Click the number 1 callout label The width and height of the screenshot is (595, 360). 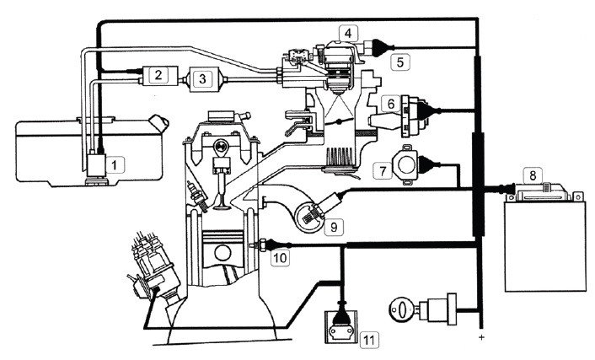click(x=115, y=164)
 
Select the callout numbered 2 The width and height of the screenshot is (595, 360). click(x=158, y=74)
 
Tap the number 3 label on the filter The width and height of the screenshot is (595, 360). click(x=202, y=79)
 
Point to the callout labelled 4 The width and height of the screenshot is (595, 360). click(x=348, y=33)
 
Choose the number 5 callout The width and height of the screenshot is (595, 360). click(x=400, y=62)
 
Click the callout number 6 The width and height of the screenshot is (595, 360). click(x=390, y=104)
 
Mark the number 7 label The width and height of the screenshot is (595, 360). click(x=383, y=170)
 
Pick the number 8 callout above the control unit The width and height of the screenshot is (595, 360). click(x=533, y=175)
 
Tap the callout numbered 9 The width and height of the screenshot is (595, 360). click(x=334, y=227)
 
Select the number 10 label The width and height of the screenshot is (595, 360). click(x=280, y=258)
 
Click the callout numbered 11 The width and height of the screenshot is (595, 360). click(x=369, y=340)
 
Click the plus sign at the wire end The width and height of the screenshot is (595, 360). click(x=481, y=337)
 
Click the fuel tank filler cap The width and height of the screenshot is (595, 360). click(x=159, y=122)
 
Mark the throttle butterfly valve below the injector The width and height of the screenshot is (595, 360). click(x=340, y=122)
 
